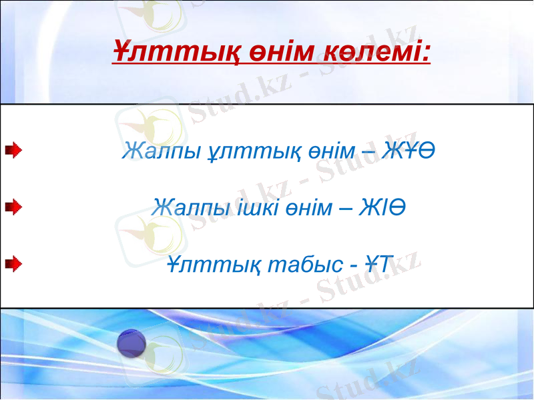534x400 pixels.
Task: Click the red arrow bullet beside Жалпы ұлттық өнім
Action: [x=12, y=152]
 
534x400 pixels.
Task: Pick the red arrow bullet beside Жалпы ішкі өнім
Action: [x=12, y=209]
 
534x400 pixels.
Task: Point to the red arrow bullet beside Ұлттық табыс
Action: [x=12, y=265]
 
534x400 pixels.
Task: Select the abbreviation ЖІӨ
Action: [x=383, y=208]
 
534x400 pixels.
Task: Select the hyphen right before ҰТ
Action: [x=355, y=265]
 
